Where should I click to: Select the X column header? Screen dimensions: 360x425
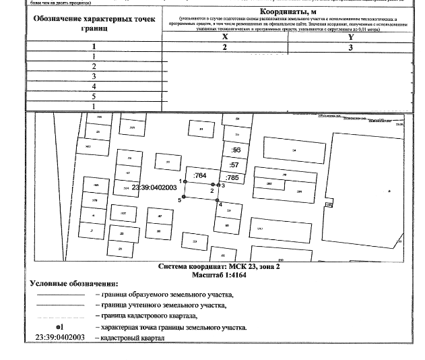coord(224,38)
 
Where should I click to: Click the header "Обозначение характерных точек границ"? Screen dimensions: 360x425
coord(94,22)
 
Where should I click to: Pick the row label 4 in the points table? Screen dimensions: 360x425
coord(94,86)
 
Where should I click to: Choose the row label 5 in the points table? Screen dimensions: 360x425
coord(94,96)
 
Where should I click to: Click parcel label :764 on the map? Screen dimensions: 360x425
coord(199,176)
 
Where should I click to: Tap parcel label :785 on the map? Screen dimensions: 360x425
coord(233,177)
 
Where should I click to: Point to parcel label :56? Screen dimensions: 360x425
coord(236,150)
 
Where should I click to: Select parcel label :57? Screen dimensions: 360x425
coord(235,164)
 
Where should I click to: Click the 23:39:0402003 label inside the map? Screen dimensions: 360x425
coord(154,188)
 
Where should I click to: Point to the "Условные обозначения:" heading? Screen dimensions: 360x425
coord(73,284)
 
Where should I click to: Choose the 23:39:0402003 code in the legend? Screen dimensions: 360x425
coord(59,337)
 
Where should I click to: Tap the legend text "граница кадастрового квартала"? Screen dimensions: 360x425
coord(149,316)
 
